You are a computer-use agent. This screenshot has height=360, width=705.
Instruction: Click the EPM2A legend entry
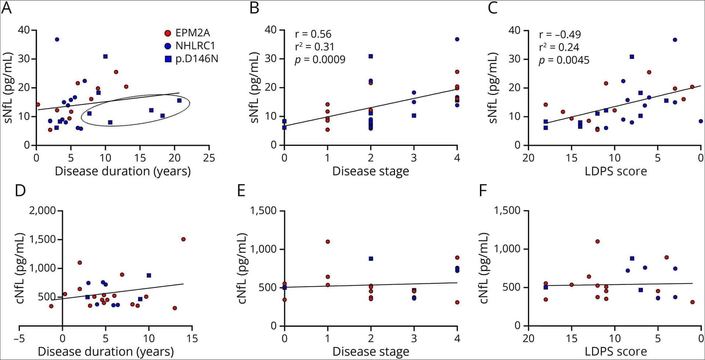tap(187, 33)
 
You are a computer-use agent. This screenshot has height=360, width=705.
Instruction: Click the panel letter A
tap(7, 8)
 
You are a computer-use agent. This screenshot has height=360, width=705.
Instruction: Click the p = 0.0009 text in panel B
tap(320, 60)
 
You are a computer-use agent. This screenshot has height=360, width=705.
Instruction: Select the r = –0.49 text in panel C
tap(560, 34)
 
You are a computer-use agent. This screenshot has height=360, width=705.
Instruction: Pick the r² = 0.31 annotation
tap(315, 47)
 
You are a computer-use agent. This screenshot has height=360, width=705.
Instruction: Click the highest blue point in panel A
tap(57, 40)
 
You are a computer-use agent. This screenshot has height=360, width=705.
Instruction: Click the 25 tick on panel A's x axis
tap(209, 158)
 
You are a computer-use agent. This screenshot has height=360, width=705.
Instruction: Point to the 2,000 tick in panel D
tap(43, 211)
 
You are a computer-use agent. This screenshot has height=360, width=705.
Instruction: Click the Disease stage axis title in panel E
tap(371, 352)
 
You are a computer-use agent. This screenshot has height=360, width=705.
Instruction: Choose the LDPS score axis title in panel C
tap(616, 171)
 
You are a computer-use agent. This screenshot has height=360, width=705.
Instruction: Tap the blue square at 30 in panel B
tap(371, 56)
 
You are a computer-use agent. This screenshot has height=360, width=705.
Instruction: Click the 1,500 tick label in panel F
tap(507, 211)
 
